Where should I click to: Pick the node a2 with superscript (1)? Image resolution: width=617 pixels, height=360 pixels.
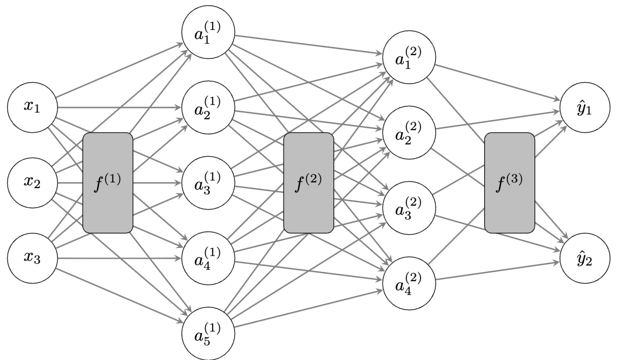207,107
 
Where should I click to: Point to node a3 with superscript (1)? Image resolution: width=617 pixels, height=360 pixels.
207,183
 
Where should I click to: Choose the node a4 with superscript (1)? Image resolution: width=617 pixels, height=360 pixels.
207,259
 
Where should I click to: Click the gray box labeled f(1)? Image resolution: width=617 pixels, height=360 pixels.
108,183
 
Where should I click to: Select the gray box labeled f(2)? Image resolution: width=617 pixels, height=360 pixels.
308,183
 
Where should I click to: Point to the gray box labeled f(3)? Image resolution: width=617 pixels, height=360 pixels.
509,183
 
